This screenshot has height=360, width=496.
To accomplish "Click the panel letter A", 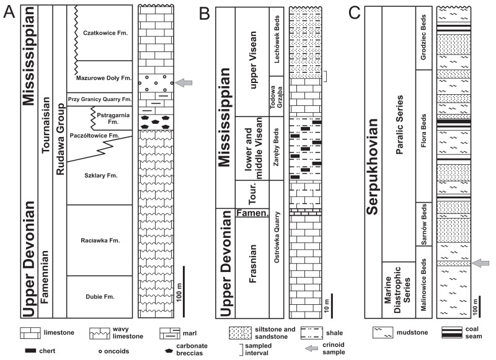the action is [x=9, y=12].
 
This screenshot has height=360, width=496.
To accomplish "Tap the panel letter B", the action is [x=205, y=14].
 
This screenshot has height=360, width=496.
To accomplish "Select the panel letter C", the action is [x=354, y=13].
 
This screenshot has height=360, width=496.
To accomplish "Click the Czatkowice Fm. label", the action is [x=105, y=33].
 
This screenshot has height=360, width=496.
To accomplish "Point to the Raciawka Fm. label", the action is [x=100, y=240].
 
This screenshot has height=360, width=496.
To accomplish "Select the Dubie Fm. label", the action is [x=100, y=296].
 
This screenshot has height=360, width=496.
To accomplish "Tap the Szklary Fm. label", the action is [x=101, y=175].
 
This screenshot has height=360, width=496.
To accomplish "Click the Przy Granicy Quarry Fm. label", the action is [x=100, y=99].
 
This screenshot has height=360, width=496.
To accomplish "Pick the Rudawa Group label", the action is [x=60, y=139].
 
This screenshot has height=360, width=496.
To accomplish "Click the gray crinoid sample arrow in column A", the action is [x=184, y=83].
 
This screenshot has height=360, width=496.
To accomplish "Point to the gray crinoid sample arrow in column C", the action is [x=480, y=263].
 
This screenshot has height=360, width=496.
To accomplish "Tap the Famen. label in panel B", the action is [x=252, y=213].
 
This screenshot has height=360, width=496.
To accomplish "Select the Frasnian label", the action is [x=252, y=263].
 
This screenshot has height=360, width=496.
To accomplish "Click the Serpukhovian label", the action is [x=373, y=167].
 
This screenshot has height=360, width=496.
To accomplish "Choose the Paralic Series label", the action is [x=399, y=125].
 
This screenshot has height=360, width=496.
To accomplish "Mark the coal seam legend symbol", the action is [x=452, y=332].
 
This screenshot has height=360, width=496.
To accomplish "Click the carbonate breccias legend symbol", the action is [x=169, y=351].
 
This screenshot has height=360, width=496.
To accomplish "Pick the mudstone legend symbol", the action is [x=383, y=333].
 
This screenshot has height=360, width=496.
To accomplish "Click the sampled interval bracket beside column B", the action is [x=325, y=76].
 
